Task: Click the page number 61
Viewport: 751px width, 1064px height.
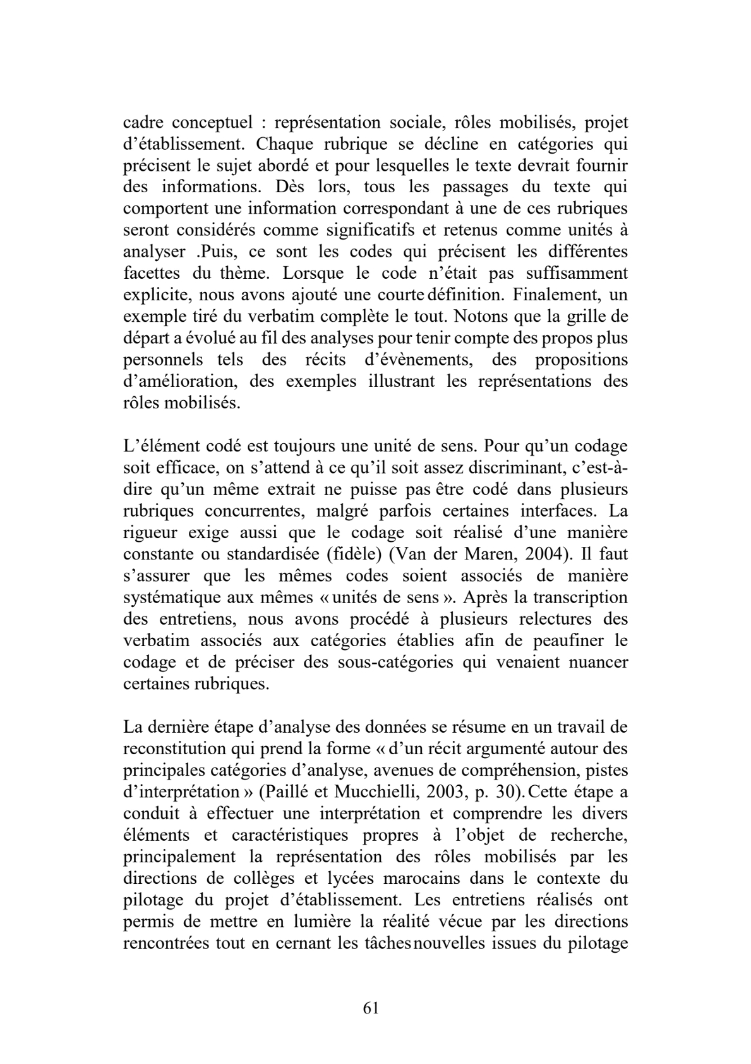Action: pyautogui.click(x=371, y=1008)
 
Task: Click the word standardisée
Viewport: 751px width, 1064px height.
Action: pyautogui.click(x=273, y=554)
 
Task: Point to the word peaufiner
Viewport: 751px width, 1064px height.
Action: pyautogui.click(x=556, y=640)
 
